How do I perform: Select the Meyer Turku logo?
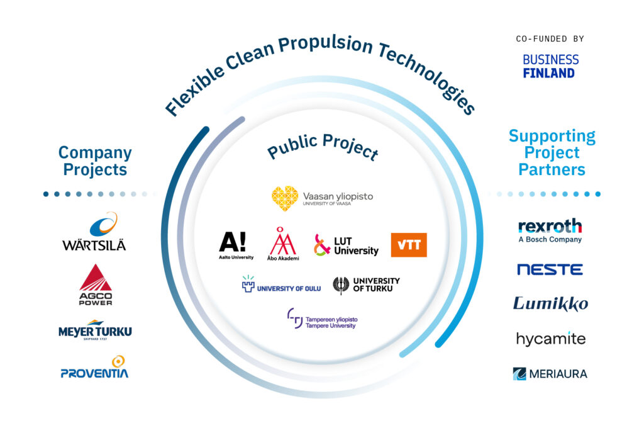click(x=96, y=330)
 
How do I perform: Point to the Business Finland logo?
click(x=550, y=66)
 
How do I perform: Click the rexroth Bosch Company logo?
click(x=550, y=231)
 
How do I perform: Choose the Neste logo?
click(x=550, y=269)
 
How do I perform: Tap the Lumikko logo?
click(x=550, y=303)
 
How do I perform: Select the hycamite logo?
click(x=551, y=339)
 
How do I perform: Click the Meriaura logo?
click(x=550, y=374)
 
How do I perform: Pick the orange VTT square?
click(x=409, y=245)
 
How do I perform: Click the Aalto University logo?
click(x=236, y=245)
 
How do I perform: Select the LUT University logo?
click(x=346, y=245)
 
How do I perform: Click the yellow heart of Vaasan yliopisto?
click(x=285, y=198)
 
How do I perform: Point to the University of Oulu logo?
click(x=281, y=284)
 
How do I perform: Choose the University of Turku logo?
click(x=366, y=285)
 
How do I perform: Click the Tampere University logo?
click(x=322, y=319)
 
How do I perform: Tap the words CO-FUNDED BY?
click(x=550, y=39)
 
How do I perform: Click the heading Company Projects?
click(x=95, y=160)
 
